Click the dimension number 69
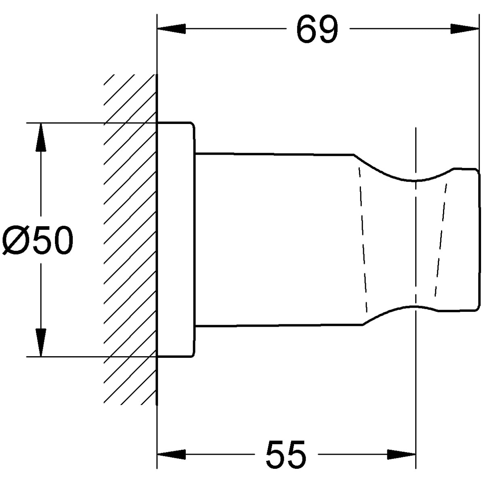tap(317, 29)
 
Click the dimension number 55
tap(286, 454)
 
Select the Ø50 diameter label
tap(38, 240)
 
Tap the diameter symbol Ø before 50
tap(16, 240)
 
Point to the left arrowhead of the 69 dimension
tap(171, 29)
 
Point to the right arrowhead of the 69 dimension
tap(464, 29)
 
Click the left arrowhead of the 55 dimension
tap(171, 454)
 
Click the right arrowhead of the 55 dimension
tap(401, 454)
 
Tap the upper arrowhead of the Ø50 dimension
tap(41, 137)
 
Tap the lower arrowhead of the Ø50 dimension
tap(41, 342)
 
